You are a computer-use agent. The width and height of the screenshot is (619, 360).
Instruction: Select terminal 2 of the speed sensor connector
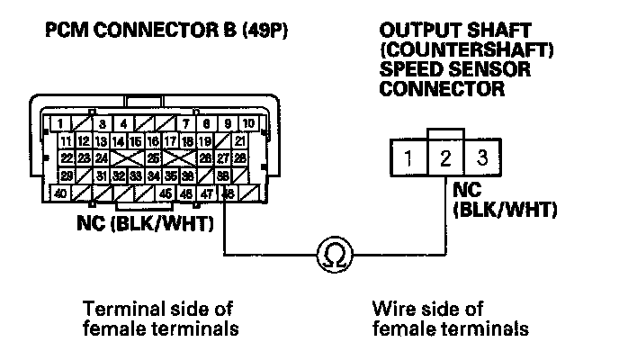[x=444, y=160]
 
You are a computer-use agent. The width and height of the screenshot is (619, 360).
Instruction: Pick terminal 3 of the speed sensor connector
[x=481, y=160]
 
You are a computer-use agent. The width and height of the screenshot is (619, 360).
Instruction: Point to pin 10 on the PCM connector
[x=248, y=123]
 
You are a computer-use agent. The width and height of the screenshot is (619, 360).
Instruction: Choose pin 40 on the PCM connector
[x=61, y=193]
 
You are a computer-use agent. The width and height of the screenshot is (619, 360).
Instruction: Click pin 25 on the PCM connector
[x=153, y=157]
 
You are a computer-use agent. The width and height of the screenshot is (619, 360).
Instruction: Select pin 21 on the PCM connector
[x=239, y=141]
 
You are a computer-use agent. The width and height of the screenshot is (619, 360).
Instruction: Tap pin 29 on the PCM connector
[x=67, y=175]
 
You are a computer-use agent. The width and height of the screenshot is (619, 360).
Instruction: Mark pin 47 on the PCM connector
[x=207, y=193]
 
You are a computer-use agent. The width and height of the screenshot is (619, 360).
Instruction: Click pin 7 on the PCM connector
[x=186, y=123]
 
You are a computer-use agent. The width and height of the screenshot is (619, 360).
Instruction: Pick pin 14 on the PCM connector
[x=118, y=141]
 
